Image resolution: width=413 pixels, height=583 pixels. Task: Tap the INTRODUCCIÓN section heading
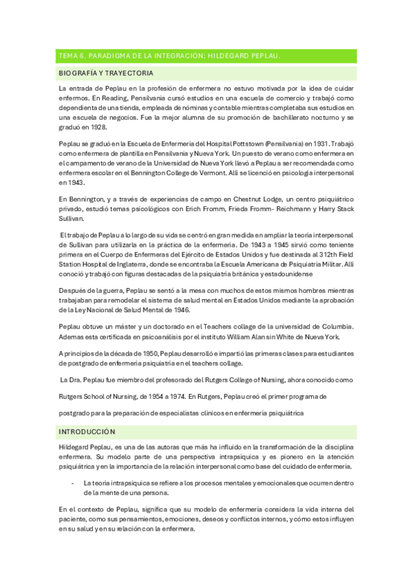coord(87,431)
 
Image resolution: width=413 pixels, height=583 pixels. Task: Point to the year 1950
coord(143,353)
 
